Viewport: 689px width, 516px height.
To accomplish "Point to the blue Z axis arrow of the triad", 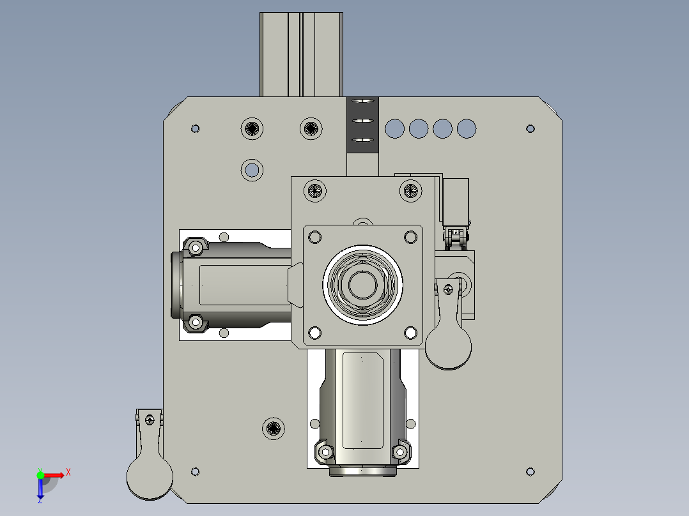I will [x=40, y=489].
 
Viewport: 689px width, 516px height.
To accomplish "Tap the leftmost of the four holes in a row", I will [x=395, y=128].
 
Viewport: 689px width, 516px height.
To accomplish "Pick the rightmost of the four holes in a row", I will [x=467, y=128].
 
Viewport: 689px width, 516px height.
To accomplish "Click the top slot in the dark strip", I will [x=363, y=101].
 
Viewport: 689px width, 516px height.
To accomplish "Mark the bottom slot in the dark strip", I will [x=363, y=140].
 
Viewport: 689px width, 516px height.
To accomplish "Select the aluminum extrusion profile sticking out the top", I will [x=301, y=54].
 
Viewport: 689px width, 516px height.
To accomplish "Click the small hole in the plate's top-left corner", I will [x=196, y=129].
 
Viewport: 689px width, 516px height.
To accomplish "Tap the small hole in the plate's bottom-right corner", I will [x=530, y=472].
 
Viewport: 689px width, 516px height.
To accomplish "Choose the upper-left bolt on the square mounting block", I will [x=314, y=190].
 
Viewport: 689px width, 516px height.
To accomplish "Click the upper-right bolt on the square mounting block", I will [x=410, y=190].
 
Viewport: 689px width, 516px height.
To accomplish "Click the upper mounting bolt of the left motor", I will [x=196, y=246].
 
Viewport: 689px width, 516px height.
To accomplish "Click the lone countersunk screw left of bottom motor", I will [x=274, y=428].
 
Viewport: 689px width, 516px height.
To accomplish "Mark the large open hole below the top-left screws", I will [x=252, y=170].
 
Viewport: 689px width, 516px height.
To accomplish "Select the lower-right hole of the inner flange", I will [x=410, y=332].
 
